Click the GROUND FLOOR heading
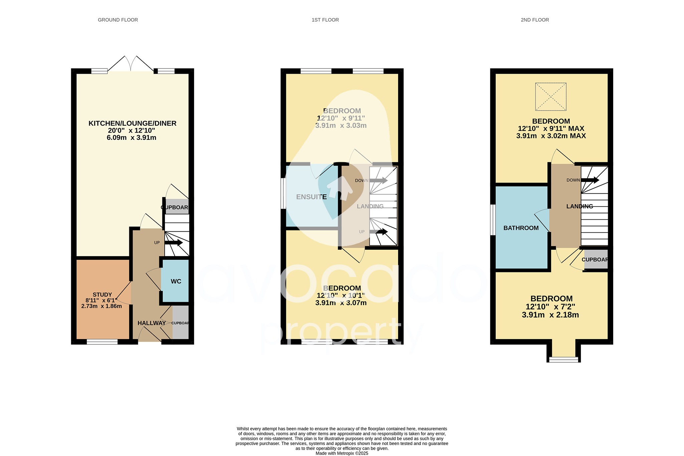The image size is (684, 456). pyautogui.click(x=118, y=20)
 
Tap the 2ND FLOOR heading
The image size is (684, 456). pyautogui.click(x=535, y=20)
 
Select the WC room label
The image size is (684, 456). pyautogui.click(x=176, y=281)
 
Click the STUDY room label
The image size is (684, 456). pyautogui.click(x=102, y=295)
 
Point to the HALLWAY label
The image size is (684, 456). pyautogui.click(x=152, y=323)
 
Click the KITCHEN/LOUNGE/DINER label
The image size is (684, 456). pyautogui.click(x=132, y=124)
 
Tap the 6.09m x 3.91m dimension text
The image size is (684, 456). pyautogui.click(x=132, y=138)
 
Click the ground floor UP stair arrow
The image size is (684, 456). pyautogui.click(x=173, y=243)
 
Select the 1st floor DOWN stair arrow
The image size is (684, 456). pyautogui.click(x=378, y=181)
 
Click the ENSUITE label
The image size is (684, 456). pyautogui.click(x=311, y=197)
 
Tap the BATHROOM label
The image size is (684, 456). pyautogui.click(x=521, y=228)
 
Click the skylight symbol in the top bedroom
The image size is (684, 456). pyautogui.click(x=551, y=97)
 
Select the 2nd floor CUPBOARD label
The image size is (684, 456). pyautogui.click(x=595, y=260)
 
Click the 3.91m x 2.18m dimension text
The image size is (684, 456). pyautogui.click(x=550, y=315)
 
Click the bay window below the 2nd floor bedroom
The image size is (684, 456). pyautogui.click(x=564, y=360)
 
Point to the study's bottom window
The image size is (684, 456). pyautogui.click(x=102, y=342)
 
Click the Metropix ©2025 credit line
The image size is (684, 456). pyautogui.click(x=342, y=453)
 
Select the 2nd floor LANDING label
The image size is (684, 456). pyautogui.click(x=579, y=207)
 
